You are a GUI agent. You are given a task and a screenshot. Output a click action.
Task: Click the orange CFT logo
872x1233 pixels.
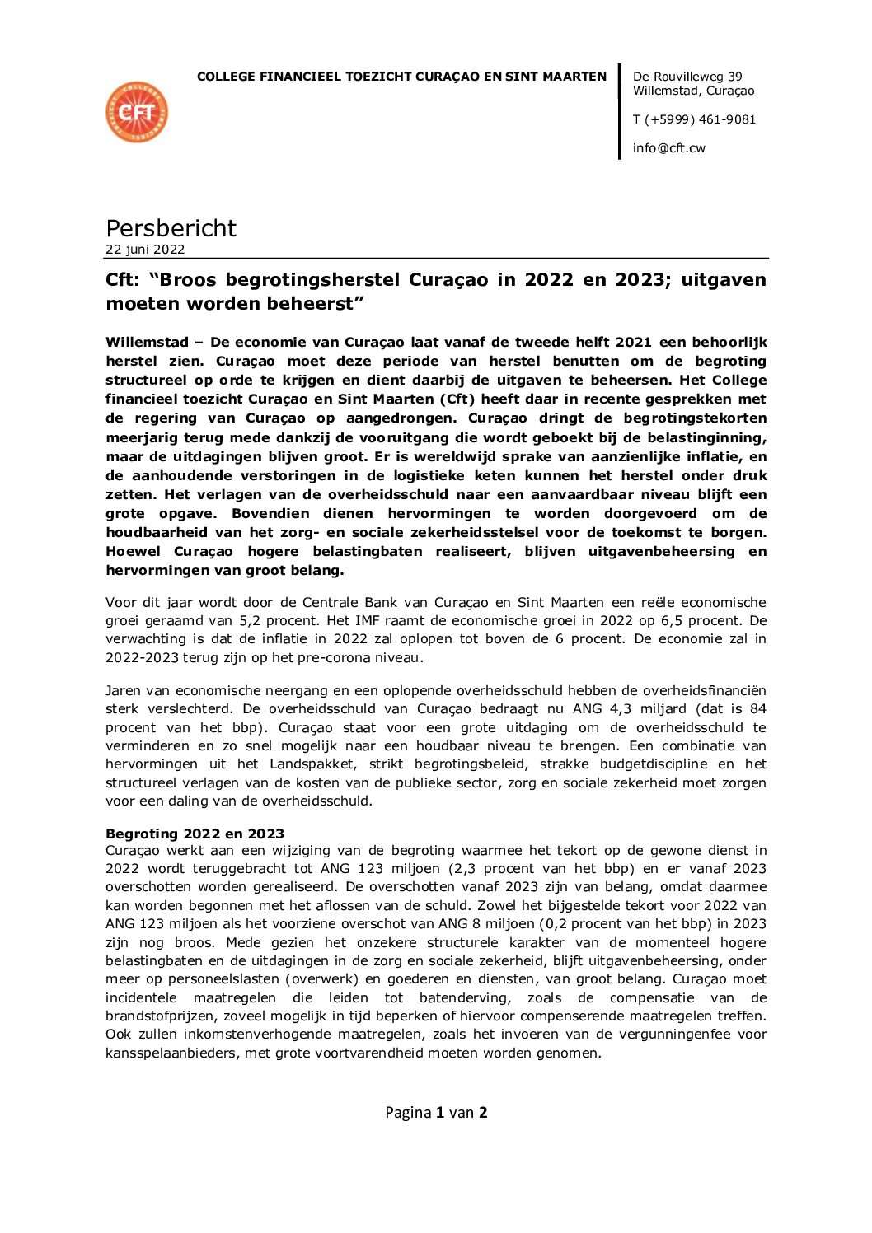click(x=137, y=112)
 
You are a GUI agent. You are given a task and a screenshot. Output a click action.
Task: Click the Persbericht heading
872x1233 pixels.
click(x=171, y=228)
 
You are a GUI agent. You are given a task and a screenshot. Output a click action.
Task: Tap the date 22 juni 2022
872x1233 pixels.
click(x=145, y=250)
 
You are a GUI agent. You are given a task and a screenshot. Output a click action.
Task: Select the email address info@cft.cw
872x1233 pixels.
click(x=669, y=148)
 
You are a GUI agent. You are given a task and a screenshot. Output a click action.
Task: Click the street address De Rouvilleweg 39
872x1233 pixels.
click(x=687, y=77)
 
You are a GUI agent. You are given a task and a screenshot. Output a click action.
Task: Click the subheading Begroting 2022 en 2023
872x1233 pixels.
click(x=195, y=834)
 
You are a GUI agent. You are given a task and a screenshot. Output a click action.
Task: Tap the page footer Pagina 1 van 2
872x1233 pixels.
click(x=436, y=1113)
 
